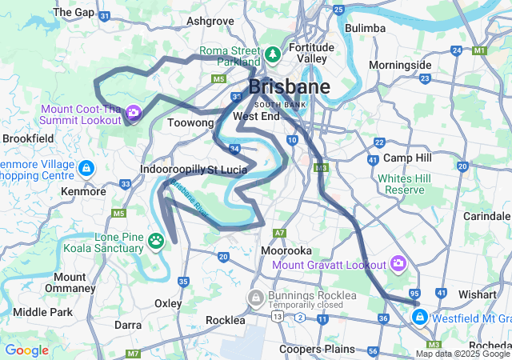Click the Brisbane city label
coord(289,87)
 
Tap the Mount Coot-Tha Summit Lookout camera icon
coord(134,113)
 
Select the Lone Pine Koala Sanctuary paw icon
coord(157,239)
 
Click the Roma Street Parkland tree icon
coord(273,54)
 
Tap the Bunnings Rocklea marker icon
coord(256,298)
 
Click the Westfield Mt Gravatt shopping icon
coord(418,318)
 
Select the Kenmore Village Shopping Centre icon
coord(86,169)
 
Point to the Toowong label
coord(190,123)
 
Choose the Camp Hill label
coord(407,158)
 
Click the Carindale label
coord(486,217)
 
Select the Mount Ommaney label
coord(70,282)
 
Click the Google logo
coord(26,350)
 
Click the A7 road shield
coord(279,233)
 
